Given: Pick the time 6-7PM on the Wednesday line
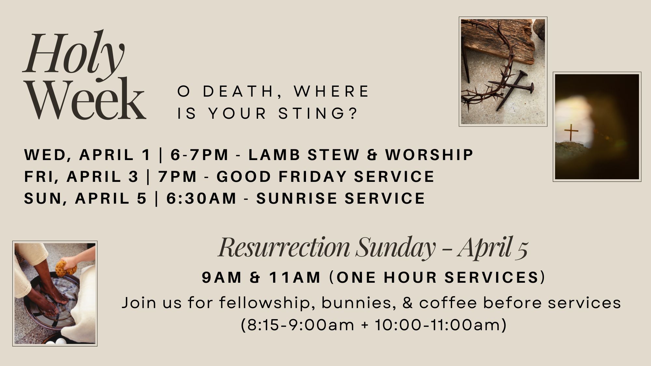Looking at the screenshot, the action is [x=200, y=155].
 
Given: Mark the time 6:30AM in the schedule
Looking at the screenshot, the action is [x=201, y=198].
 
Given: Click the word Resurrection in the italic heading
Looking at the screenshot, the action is [x=284, y=247].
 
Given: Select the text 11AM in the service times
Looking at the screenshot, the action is [x=295, y=278].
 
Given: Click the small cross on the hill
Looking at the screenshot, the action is [x=571, y=132].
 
